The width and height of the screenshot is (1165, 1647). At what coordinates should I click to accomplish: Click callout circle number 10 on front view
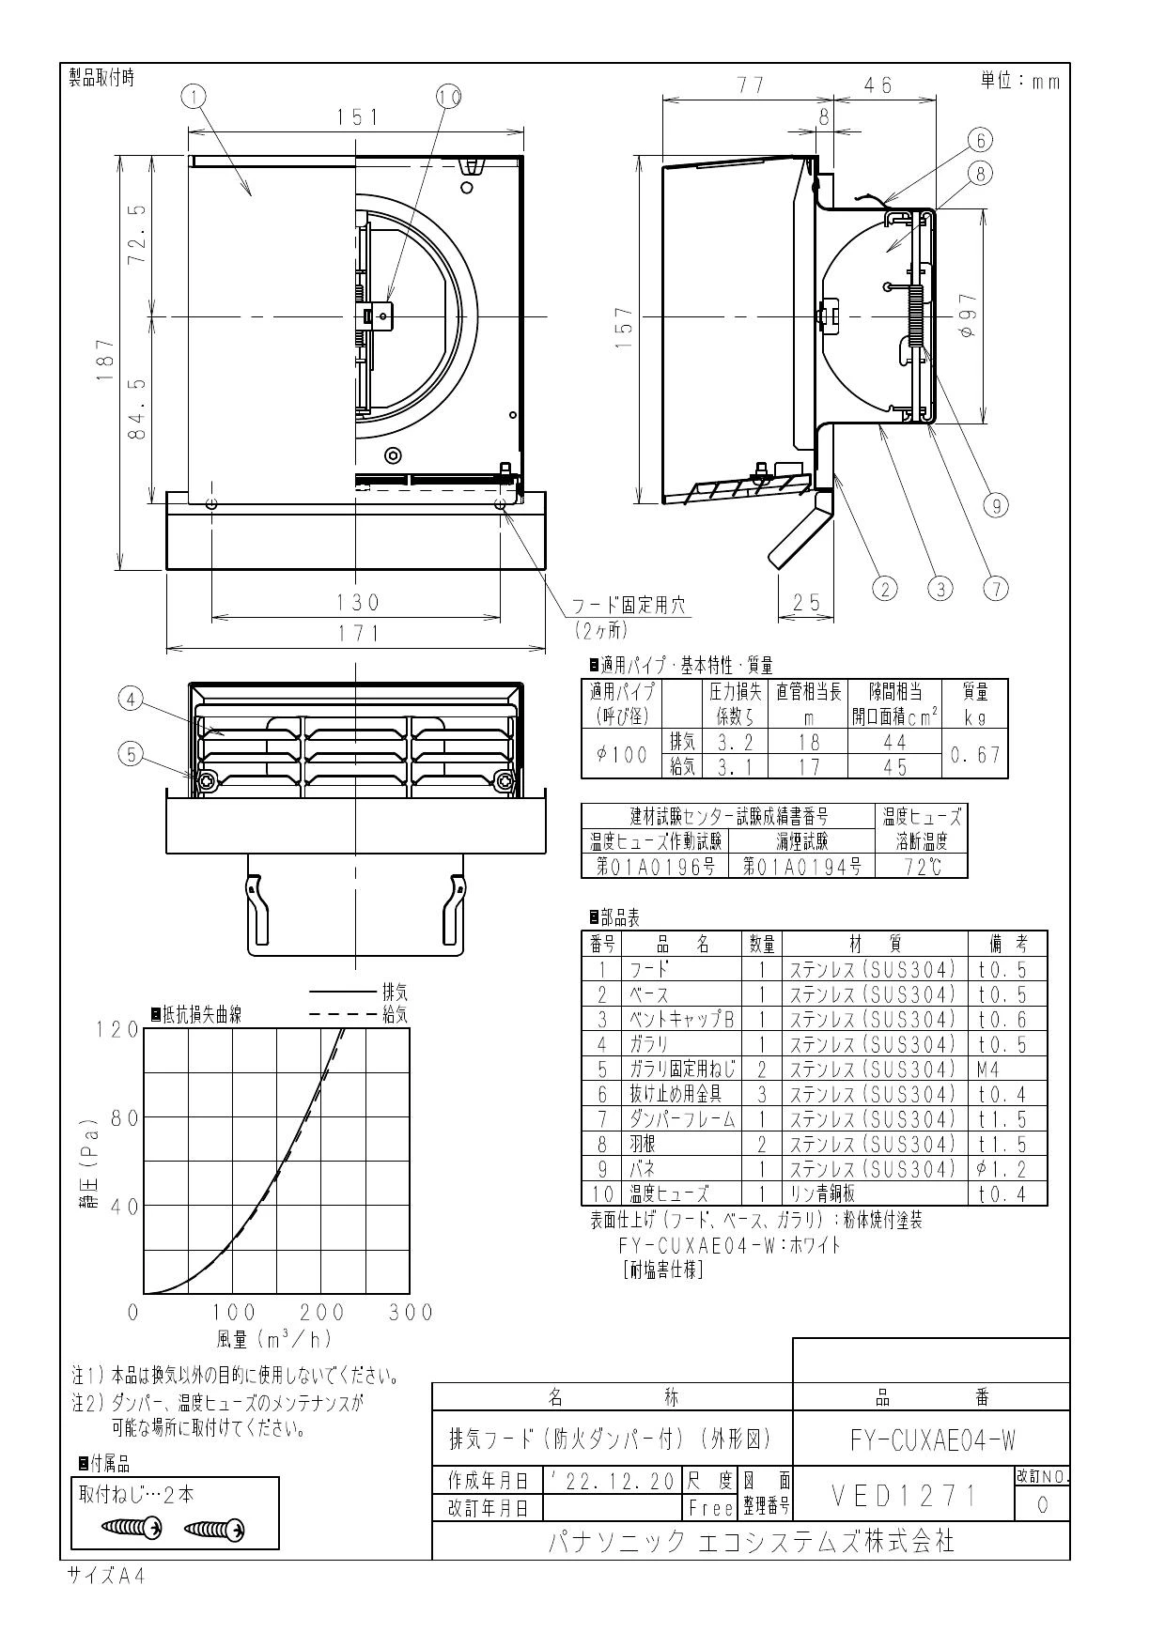point(449,96)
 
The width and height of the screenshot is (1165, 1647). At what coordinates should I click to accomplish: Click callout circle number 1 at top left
point(194,96)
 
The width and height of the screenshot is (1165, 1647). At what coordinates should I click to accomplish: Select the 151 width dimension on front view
point(357,117)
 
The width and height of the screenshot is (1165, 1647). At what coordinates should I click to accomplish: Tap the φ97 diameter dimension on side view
point(968,320)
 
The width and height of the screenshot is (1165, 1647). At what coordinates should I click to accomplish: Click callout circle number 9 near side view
point(995,504)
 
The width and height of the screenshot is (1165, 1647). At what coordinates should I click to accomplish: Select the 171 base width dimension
point(356,634)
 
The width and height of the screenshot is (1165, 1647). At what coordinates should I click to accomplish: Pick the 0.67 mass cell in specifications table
point(974,755)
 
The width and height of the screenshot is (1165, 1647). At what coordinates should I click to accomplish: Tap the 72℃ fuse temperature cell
point(921,867)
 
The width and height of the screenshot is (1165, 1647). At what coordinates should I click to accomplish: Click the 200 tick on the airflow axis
point(321,1313)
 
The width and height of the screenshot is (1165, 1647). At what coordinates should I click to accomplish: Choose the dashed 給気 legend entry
point(357,1015)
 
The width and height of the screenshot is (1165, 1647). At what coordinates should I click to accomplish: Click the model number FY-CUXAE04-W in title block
point(932,1439)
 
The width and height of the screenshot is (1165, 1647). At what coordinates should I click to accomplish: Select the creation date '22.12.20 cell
point(612,1482)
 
